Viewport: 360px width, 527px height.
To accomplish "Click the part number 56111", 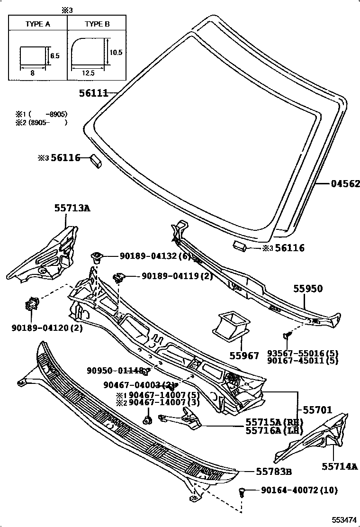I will pyautogui.click(x=94, y=94).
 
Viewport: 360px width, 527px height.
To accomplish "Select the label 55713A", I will pyautogui.click(x=72, y=208).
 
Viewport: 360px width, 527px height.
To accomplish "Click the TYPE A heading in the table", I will pyautogui.click(x=38, y=23).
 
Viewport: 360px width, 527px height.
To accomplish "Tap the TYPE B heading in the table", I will pyautogui.click(x=97, y=23).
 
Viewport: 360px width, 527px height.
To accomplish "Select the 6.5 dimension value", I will pyautogui.click(x=55, y=55).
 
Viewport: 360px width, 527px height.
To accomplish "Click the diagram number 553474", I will pyautogui.click(x=344, y=520).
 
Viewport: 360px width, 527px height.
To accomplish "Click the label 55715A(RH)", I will pyautogui.click(x=274, y=422).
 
